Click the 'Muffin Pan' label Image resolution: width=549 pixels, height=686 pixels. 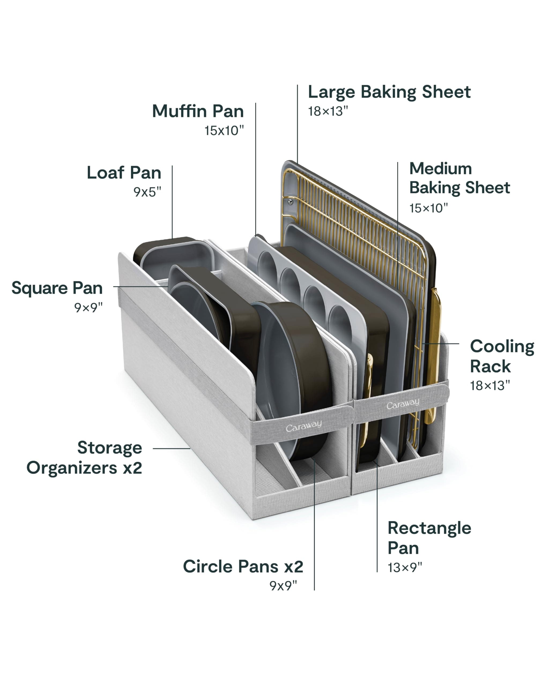(198, 111)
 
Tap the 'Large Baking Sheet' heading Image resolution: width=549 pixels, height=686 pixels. (389, 92)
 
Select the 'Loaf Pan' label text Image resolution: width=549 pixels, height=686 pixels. (124, 173)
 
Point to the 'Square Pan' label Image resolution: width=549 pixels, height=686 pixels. (57, 288)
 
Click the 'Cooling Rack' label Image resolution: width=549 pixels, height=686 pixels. (502, 356)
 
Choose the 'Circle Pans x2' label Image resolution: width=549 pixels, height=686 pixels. (243, 566)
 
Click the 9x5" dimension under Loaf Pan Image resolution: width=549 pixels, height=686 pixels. (147, 192)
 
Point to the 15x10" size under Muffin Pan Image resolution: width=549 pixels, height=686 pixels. (224, 131)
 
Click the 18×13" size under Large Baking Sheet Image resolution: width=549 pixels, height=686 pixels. (328, 111)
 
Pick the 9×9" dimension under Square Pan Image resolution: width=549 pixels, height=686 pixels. (88, 308)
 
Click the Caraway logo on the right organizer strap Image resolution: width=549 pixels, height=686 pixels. (403, 404)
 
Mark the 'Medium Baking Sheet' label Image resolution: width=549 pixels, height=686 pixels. (459, 178)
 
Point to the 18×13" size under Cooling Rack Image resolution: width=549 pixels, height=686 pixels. (489, 386)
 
